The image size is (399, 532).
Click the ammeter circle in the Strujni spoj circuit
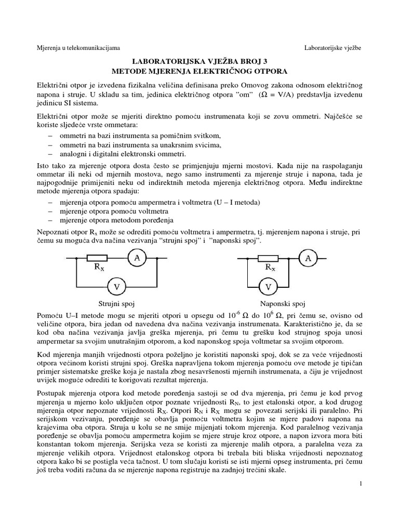(137, 258)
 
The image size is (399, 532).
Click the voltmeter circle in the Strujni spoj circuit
(117, 286)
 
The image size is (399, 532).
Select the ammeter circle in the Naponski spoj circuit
(308, 258)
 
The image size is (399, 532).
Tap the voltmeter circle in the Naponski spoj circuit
(269, 286)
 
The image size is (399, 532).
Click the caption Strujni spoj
(117, 303)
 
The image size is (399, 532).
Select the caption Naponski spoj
(283, 303)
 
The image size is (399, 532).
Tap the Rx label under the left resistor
(99, 268)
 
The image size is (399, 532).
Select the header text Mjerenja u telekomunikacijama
(78, 48)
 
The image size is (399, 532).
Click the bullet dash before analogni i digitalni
(50, 154)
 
